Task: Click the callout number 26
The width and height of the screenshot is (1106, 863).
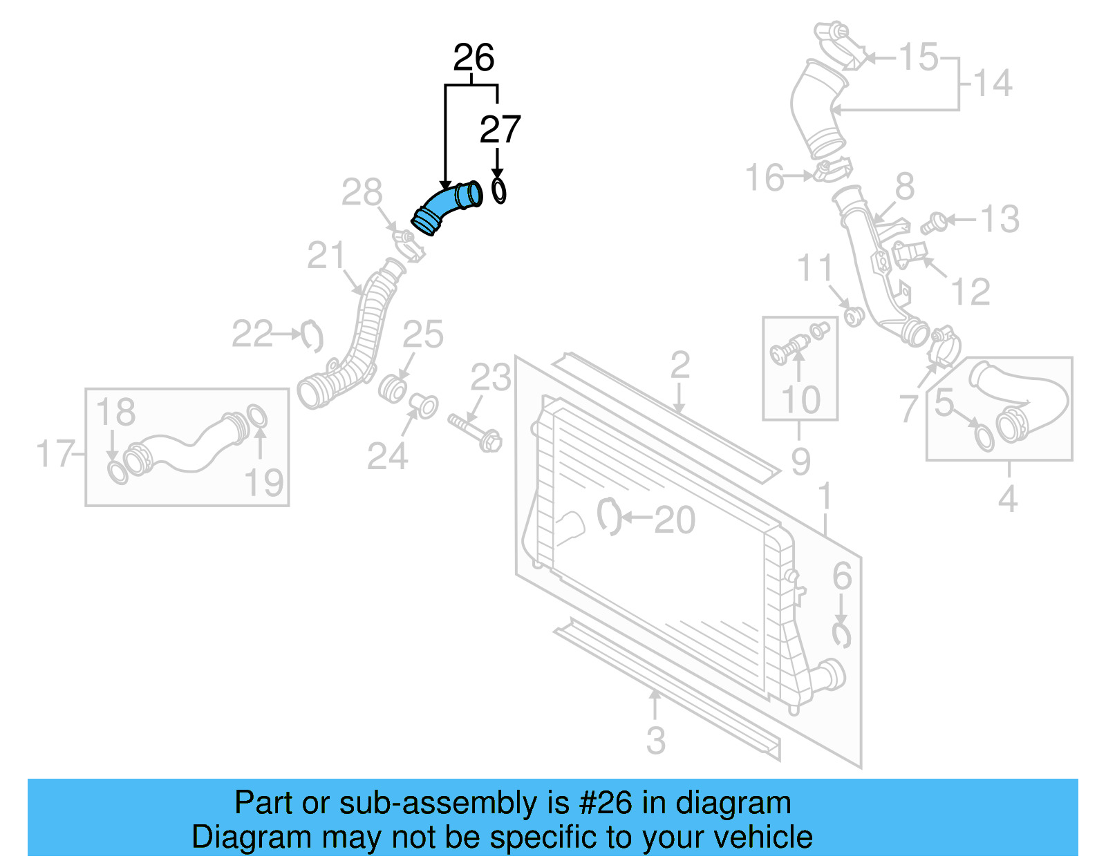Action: tap(474, 58)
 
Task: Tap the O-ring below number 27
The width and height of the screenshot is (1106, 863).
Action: tap(498, 190)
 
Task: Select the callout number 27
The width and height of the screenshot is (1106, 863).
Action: tap(499, 130)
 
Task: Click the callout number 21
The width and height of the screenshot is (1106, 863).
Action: tap(326, 256)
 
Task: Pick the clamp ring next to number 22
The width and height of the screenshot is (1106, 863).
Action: tap(312, 336)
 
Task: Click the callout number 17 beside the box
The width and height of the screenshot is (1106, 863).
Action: tap(55, 454)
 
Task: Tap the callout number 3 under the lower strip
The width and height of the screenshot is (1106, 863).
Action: tap(655, 740)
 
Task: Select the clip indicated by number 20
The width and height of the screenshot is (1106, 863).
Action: tap(608, 516)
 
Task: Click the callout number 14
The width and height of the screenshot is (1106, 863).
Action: tap(993, 84)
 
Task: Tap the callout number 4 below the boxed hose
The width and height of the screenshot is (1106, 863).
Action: tap(1007, 498)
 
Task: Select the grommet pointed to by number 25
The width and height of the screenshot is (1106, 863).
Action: tap(392, 389)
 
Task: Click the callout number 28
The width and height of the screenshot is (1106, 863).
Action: tap(362, 193)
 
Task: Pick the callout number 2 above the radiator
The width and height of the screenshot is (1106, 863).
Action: tap(679, 365)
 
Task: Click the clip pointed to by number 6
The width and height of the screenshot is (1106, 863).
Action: tap(841, 634)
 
